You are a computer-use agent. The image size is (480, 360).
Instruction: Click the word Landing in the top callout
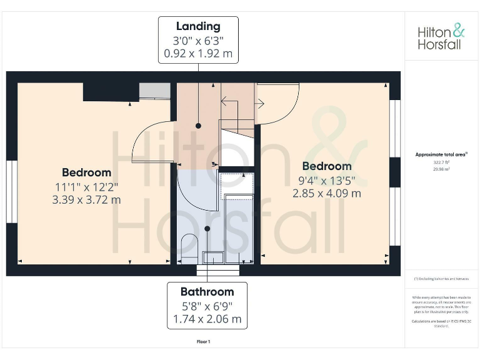[198, 26]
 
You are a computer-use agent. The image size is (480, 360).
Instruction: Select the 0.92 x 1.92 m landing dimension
[198, 54]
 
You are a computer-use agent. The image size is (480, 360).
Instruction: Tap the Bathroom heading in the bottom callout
[207, 291]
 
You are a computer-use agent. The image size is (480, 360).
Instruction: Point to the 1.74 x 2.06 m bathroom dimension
[207, 319]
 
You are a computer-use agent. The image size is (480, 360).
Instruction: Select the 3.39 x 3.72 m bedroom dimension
[86, 200]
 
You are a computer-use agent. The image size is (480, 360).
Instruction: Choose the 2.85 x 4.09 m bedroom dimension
[327, 193]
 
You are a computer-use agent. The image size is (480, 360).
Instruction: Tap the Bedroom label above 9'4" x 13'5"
[327, 166]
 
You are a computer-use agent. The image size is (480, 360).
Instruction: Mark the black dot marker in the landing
[199, 126]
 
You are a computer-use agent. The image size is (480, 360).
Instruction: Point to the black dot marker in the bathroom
[206, 229]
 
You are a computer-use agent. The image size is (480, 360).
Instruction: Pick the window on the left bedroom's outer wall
[11, 191]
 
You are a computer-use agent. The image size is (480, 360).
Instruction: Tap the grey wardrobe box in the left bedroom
[154, 91]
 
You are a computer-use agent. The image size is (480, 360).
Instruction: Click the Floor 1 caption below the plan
[204, 342]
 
